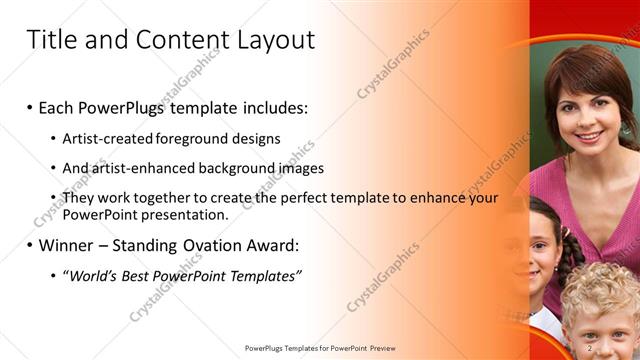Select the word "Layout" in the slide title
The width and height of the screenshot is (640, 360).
point(275,40)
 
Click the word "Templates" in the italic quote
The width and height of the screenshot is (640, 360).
point(264,275)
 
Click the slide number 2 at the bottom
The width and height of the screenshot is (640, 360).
point(590,347)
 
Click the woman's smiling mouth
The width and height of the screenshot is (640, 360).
point(589,135)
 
